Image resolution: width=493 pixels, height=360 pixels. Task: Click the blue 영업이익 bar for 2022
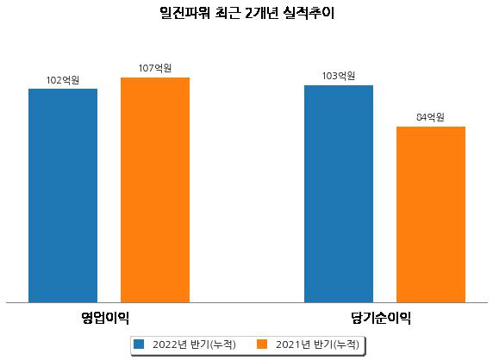[x=63, y=196]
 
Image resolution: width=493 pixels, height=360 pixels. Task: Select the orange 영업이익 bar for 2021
[x=155, y=190]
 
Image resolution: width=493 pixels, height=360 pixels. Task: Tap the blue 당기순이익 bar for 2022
[x=339, y=194]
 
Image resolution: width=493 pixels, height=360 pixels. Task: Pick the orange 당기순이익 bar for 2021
[x=431, y=214]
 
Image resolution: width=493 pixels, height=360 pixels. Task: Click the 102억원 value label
[x=63, y=80]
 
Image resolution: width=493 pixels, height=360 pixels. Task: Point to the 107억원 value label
[x=155, y=68]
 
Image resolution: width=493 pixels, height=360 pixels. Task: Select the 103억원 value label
[x=339, y=76]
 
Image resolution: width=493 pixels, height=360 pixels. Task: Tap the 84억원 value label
[x=430, y=117]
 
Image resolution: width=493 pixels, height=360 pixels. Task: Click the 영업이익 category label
[x=105, y=318]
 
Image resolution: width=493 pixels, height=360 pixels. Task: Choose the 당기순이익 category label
[x=381, y=318]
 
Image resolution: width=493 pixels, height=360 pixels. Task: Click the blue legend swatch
[x=139, y=344]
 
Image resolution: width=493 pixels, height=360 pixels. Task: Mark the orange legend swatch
[x=262, y=344]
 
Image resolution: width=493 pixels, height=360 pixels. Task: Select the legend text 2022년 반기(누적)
[x=194, y=344]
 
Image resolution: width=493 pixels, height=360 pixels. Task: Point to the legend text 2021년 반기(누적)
[x=317, y=344]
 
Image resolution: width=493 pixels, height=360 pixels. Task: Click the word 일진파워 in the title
[x=184, y=13]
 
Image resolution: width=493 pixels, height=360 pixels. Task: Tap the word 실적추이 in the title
[x=309, y=13]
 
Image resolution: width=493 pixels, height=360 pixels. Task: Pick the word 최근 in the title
[x=228, y=13]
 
